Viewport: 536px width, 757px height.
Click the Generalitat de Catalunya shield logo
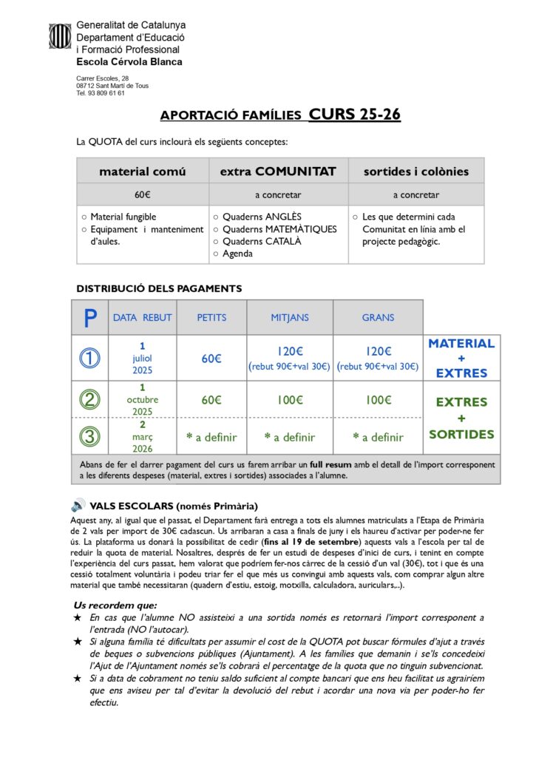60,36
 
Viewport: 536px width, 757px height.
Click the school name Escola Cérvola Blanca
129,62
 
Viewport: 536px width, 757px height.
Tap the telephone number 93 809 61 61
106,93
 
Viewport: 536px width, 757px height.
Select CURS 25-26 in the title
355,115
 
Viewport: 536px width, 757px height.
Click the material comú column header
143,172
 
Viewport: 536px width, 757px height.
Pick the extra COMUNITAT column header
278,172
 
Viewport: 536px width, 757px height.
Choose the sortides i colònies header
416,172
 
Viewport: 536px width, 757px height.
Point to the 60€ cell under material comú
143,195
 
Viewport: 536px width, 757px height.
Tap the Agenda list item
237,254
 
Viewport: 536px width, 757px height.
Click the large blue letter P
90,318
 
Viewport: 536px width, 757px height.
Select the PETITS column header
211,318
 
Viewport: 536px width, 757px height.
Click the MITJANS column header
290,318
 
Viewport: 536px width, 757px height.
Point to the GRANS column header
378,318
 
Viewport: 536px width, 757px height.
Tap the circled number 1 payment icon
90,359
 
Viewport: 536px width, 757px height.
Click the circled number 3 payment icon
90,436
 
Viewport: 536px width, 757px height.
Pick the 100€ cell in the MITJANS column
290,400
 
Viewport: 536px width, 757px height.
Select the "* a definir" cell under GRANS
378,437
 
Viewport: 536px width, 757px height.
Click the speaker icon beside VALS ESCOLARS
78,506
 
